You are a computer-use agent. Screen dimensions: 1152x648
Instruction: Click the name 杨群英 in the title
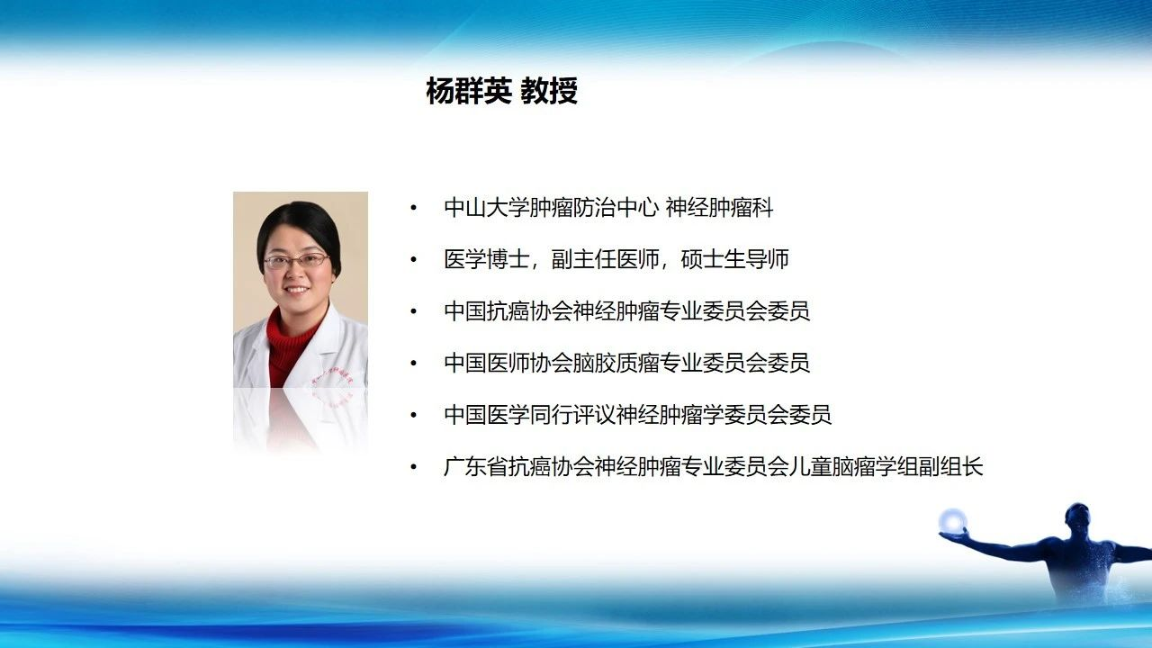tap(469, 92)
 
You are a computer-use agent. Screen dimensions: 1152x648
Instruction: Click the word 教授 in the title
tap(549, 92)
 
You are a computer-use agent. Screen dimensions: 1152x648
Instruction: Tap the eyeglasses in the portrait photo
tap(297, 261)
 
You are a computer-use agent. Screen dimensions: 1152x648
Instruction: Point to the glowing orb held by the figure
tap(952, 522)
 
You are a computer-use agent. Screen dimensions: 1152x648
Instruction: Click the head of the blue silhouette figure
tap(1077, 520)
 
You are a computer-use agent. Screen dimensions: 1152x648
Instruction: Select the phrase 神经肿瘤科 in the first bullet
tap(719, 208)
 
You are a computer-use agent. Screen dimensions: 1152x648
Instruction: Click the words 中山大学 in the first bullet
tap(487, 208)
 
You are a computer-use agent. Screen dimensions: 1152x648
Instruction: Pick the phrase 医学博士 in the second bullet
tap(487, 259)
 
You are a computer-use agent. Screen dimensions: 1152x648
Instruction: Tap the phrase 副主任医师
tap(606, 259)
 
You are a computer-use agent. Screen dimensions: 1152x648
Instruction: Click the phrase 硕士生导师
tap(735, 259)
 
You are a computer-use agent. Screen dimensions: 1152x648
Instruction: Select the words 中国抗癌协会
tap(508, 311)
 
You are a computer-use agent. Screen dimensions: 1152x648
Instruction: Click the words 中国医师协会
tap(508, 363)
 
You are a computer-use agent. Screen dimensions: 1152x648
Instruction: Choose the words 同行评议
tap(573, 415)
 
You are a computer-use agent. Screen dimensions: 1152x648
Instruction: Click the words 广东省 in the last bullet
tap(476, 466)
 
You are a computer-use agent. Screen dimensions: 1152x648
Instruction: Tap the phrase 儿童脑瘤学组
tap(854, 466)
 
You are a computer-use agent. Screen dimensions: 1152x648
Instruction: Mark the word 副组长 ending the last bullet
tap(951, 466)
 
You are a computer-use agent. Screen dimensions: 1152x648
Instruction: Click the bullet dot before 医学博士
tap(413, 260)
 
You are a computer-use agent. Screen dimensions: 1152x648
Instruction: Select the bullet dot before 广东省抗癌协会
tap(413, 467)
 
